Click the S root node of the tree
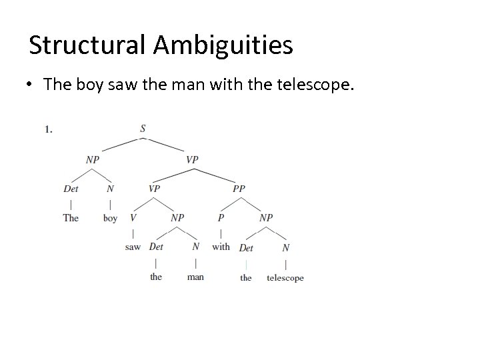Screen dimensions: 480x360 point(143,129)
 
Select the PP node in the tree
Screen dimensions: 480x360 point(239,189)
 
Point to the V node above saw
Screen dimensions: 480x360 point(133,218)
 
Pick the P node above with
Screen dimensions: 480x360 point(221,218)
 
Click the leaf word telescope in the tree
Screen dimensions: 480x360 point(285,277)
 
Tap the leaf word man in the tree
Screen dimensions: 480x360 point(195,277)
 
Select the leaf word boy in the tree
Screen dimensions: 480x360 point(111,218)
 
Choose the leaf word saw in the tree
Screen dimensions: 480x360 point(133,247)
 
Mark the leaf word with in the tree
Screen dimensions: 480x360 point(221,247)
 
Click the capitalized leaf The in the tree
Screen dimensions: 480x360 point(71,218)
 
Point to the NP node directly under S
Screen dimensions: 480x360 point(93,159)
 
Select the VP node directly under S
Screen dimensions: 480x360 point(192,159)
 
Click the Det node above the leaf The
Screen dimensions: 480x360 point(71,189)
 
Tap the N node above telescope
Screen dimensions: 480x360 point(285,247)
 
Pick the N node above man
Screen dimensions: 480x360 point(195,247)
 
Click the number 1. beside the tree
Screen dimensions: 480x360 point(49,129)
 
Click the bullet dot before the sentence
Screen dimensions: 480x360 point(31,85)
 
